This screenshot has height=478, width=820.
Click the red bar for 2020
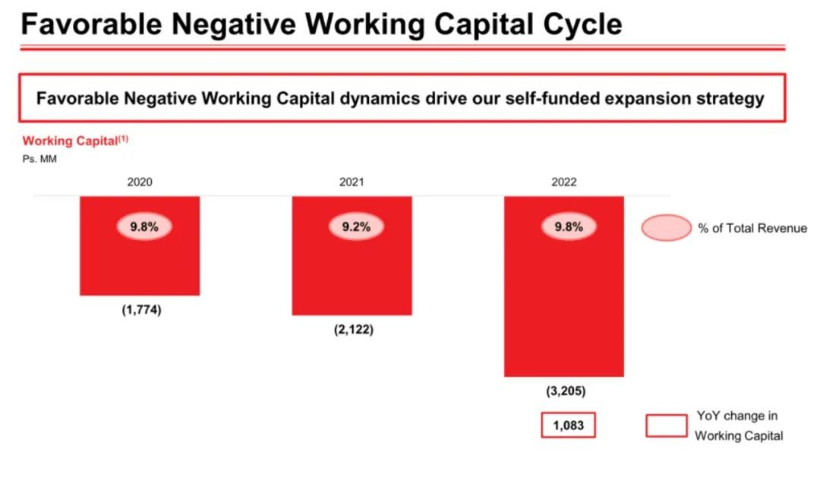pyautogui.click(x=140, y=262)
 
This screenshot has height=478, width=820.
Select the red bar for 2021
pyautogui.click(x=352, y=274)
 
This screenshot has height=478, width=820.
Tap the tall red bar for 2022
pyautogui.click(x=563, y=304)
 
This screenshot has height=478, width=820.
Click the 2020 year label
pyautogui.click(x=140, y=182)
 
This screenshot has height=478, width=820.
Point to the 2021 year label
pyautogui.click(x=352, y=182)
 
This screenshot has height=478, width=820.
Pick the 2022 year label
pyautogui.click(x=564, y=182)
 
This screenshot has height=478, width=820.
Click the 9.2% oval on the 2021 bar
pyautogui.click(x=356, y=226)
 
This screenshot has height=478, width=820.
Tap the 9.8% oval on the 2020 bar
pyautogui.click(x=143, y=226)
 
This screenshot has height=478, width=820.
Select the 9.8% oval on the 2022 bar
pyautogui.click(x=569, y=226)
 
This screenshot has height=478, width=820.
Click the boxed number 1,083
pyautogui.click(x=568, y=426)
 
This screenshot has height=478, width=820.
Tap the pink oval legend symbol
pyautogui.click(x=666, y=228)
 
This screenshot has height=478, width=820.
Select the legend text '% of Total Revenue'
pyautogui.click(x=752, y=228)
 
